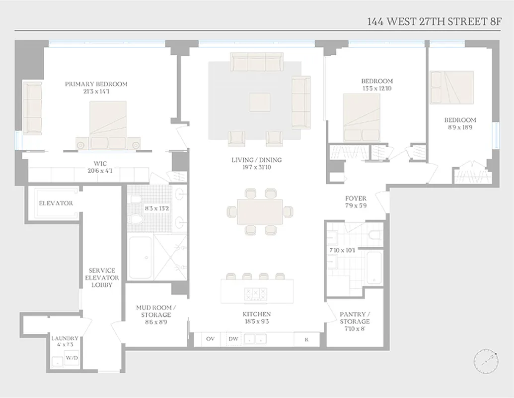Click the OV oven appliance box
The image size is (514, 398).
[x=210, y=339]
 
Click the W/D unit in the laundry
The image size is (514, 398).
[x=72, y=358]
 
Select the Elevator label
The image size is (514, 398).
[x=56, y=203]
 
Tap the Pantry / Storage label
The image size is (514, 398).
[x=355, y=318]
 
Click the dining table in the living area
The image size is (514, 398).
[x=260, y=211]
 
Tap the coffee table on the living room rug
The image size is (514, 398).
[x=260, y=102]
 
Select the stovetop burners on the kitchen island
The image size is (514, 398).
[x=256, y=294]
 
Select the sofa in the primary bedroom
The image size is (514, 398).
[x=32, y=108]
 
